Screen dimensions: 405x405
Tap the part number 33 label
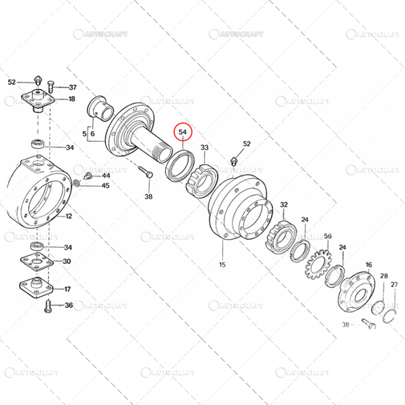point(204,148)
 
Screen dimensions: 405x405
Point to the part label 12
point(68,217)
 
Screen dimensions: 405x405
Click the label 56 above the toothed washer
point(327,236)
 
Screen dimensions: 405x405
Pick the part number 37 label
point(72,87)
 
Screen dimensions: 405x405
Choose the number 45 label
point(105,186)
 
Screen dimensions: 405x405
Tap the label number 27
point(394,284)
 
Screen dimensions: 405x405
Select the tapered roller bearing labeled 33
point(200,178)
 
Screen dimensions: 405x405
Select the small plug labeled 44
point(88,175)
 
